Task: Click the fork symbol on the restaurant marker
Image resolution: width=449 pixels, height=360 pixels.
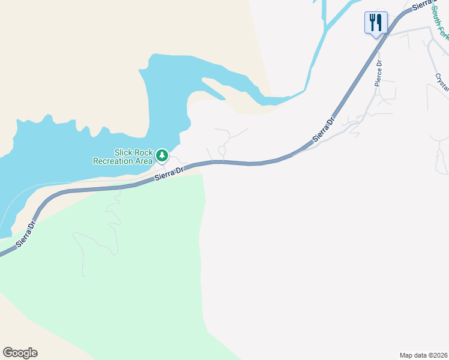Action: (373, 22)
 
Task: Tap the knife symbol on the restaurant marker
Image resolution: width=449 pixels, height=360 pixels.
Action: (379, 22)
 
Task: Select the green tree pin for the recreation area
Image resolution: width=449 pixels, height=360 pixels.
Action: (161, 156)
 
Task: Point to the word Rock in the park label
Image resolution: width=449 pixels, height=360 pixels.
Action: (143, 152)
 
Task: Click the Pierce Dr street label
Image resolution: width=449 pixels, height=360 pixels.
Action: (378, 73)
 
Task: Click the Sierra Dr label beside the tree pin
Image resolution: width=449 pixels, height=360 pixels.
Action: (169, 173)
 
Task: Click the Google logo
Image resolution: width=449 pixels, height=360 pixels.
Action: (20, 353)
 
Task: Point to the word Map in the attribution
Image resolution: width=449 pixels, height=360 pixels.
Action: (406, 355)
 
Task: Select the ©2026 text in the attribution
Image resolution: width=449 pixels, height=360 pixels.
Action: (439, 355)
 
